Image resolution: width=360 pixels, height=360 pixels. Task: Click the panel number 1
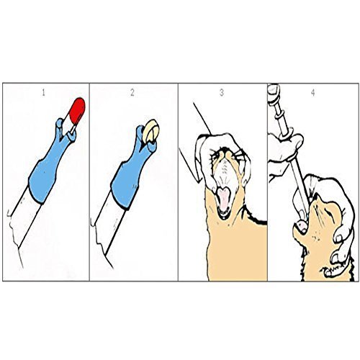(43, 93)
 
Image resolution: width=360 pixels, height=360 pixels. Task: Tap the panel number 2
(132, 93)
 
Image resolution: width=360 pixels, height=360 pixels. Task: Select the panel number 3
(222, 93)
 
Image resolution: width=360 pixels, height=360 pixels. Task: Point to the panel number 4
(312, 93)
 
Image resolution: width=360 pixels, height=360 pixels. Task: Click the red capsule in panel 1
(77, 110)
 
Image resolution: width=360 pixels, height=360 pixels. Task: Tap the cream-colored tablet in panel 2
(150, 130)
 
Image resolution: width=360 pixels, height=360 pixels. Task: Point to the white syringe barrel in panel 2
(109, 225)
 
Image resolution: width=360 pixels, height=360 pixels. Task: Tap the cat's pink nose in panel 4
(302, 225)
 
